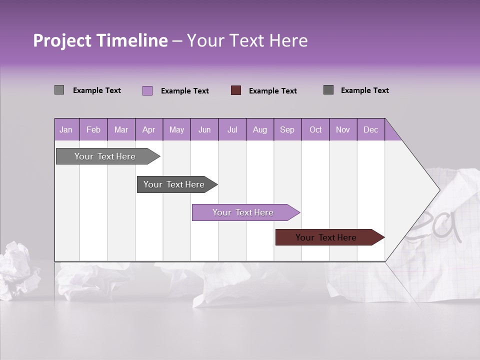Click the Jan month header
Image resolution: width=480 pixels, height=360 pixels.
pyautogui.click(x=66, y=129)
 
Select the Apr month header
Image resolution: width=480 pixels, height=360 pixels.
pyautogui.click(x=148, y=129)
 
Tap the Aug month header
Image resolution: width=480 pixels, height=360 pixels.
pyautogui.click(x=259, y=129)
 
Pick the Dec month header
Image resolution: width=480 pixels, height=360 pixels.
pyautogui.click(x=370, y=129)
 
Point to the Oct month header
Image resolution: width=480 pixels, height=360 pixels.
pyautogui.click(x=315, y=129)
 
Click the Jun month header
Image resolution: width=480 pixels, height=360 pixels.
pyautogui.click(x=204, y=129)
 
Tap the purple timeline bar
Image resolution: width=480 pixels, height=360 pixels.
pyautogui.click(x=243, y=212)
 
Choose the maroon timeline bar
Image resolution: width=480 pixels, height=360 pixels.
pyautogui.click(x=326, y=237)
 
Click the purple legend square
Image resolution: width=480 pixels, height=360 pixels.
pyautogui.click(x=147, y=90)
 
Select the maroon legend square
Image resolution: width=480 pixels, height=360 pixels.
pyautogui.click(x=236, y=90)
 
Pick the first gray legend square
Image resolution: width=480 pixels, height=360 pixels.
pyautogui.click(x=59, y=90)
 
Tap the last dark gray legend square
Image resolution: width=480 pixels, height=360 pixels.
pyautogui.click(x=328, y=90)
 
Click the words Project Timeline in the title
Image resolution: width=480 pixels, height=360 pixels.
pyautogui.click(x=100, y=40)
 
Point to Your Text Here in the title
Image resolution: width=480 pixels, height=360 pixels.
pyautogui.click(x=247, y=40)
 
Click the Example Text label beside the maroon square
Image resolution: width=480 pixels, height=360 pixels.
pyautogui.click(x=272, y=90)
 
